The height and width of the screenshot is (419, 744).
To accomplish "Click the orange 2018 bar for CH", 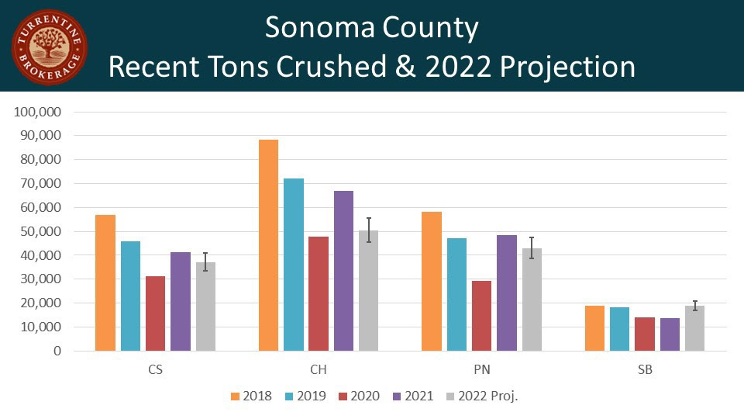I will pyautogui.click(x=269, y=245).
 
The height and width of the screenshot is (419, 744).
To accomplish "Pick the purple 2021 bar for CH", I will pyautogui.click(x=343, y=271).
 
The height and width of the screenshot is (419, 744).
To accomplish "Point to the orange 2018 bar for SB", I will pyautogui.click(x=595, y=328).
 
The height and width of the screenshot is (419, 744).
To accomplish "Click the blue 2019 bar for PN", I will pyautogui.click(x=457, y=294).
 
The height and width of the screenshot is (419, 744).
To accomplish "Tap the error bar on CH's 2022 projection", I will pyautogui.click(x=369, y=230).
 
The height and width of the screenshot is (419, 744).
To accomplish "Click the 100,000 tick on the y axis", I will pyautogui.click(x=38, y=112).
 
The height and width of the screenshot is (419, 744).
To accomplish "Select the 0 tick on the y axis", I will pyautogui.click(x=57, y=351).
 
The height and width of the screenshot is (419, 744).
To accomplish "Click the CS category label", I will pyautogui.click(x=155, y=370).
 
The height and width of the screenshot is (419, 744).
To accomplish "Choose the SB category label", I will pyautogui.click(x=645, y=370).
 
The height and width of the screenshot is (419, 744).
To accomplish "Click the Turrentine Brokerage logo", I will pyautogui.click(x=49, y=47).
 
